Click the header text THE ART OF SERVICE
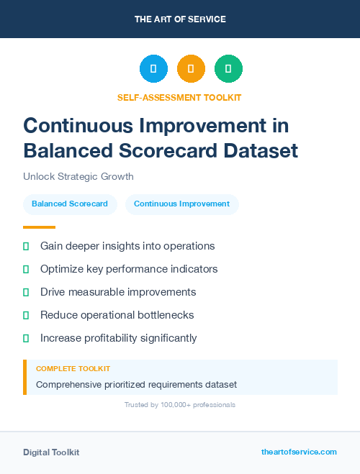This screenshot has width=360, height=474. click(x=180, y=19)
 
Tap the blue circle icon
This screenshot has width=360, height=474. click(x=153, y=69)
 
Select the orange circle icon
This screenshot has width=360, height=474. click(x=191, y=69)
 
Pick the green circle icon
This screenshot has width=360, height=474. click(x=228, y=69)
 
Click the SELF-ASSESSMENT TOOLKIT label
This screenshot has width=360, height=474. click(x=179, y=97)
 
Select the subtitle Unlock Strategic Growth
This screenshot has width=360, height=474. click(x=78, y=177)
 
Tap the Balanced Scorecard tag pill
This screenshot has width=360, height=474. click(x=70, y=204)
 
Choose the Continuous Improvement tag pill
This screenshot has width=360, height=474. click(x=181, y=204)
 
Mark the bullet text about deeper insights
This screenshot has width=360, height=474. click(x=127, y=246)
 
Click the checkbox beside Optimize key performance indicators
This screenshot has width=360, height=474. click(x=26, y=269)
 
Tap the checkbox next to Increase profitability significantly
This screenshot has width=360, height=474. click(x=26, y=338)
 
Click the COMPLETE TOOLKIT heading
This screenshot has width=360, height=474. click(x=73, y=369)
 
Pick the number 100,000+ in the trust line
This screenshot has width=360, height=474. click(x=171, y=405)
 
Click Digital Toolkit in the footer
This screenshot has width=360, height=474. click(x=51, y=452)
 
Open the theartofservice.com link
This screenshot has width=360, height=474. click(x=299, y=452)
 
